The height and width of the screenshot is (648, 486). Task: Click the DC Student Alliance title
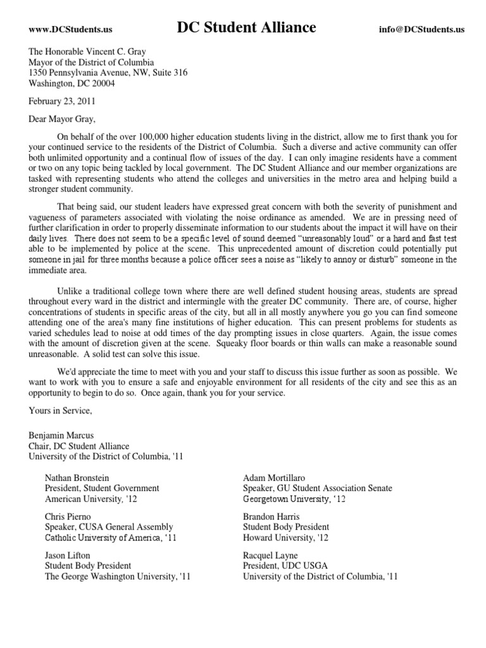246,28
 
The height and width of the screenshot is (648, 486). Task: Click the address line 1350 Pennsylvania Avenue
108,73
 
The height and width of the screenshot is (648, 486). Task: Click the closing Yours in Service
60,411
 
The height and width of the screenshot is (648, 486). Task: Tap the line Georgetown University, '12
296,499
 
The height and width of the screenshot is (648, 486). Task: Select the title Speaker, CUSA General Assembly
109,527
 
